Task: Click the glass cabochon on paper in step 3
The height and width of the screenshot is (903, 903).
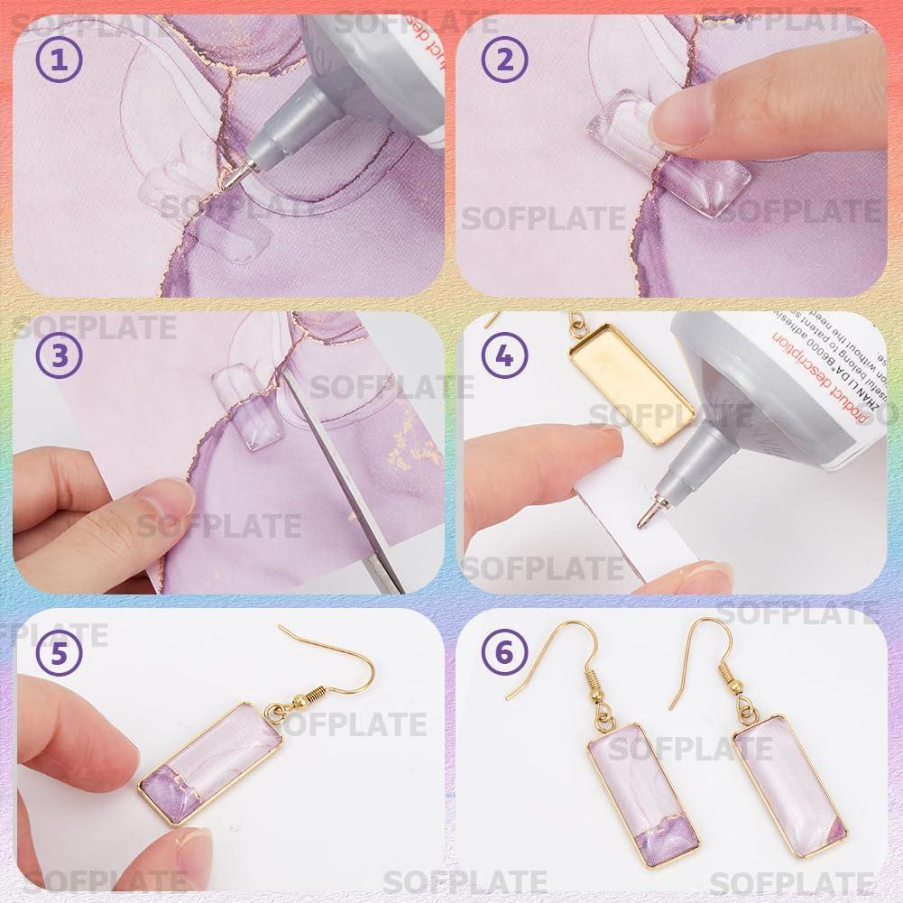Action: (242, 411)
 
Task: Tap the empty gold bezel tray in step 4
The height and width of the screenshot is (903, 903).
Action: (631, 397)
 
